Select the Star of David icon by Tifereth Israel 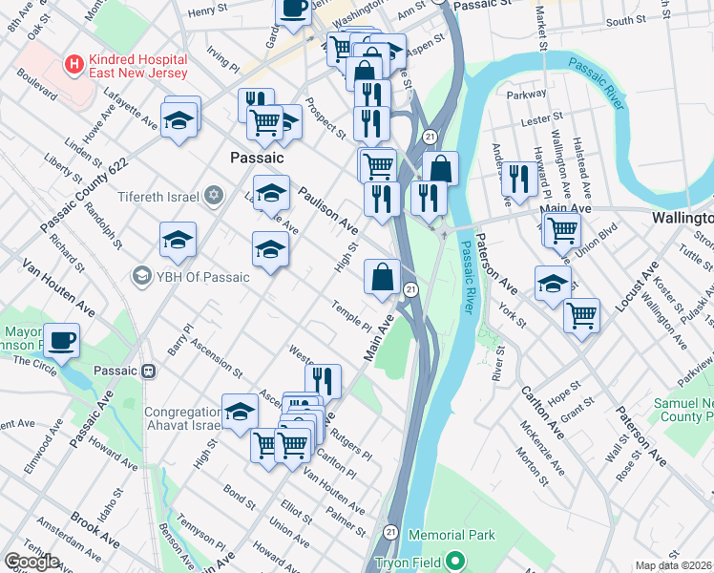(214, 197)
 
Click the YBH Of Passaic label (202, 277)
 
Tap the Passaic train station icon (149, 371)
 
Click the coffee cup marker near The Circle (62, 341)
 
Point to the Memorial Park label (452, 536)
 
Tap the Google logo (31, 562)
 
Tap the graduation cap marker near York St (553, 283)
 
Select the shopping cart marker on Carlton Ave (581, 314)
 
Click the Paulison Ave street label (327, 211)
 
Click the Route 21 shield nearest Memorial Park (391, 529)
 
